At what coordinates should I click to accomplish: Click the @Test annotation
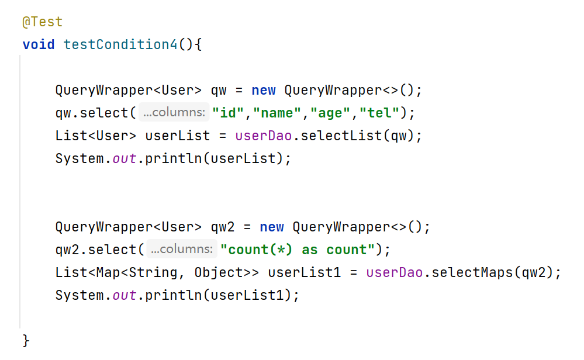42,22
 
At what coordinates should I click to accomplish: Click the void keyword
39,45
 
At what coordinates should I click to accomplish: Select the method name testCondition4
120,45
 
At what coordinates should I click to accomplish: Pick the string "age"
330,113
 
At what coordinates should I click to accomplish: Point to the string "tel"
379,113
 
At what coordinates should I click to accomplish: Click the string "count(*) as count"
297,250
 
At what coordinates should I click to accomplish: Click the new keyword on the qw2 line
272,227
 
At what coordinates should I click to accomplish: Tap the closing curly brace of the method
26,341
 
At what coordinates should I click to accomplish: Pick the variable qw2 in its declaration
223,227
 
